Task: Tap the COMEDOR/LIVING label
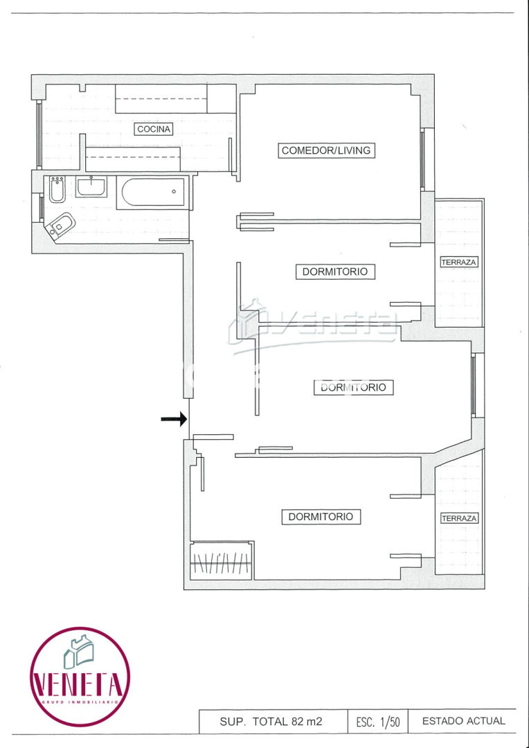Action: click(326, 150)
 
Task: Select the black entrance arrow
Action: click(174, 419)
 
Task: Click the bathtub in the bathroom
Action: click(154, 193)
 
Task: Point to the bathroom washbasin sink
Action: click(91, 186)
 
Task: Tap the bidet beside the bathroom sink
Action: click(57, 189)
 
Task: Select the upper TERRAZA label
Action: click(459, 262)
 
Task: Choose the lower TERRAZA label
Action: click(459, 518)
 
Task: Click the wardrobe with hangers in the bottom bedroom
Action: click(221, 561)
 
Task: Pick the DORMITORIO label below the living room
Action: click(335, 271)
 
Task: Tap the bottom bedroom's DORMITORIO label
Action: click(321, 517)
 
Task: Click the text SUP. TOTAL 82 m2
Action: click(271, 721)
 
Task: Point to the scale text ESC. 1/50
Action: click(378, 722)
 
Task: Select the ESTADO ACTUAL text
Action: click(463, 721)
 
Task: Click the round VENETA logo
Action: click(80, 677)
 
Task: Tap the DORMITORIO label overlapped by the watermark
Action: click(353, 387)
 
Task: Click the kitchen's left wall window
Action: click(39, 134)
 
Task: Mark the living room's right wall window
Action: click(422, 160)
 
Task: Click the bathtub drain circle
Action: click(174, 192)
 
